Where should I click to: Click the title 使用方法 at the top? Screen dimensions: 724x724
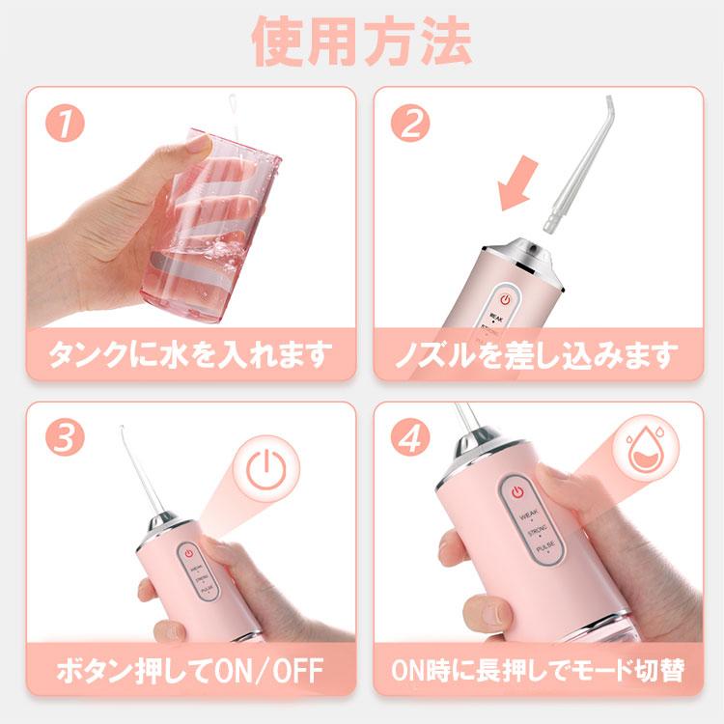pos(362,41)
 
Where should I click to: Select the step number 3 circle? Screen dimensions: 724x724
pos(64,439)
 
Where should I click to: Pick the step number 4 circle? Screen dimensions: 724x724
pos(411,439)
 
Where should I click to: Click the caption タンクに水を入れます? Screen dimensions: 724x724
pos(190,354)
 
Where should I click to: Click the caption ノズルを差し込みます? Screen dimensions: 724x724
pos(537,354)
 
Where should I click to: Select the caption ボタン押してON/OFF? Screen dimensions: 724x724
pos(190,669)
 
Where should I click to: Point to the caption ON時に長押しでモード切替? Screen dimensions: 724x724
pos(537,669)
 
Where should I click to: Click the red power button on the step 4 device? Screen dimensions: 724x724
pos(517,492)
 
